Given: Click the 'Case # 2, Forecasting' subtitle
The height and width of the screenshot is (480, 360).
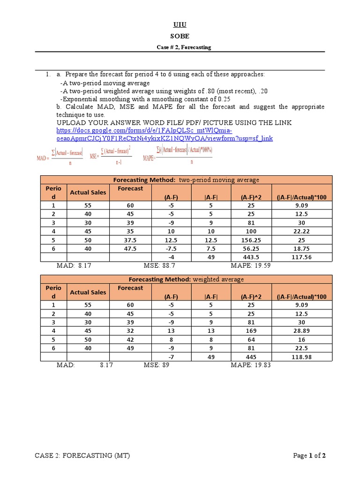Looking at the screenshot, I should tap(183, 47).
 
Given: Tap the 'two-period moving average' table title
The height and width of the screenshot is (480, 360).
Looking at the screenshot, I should tap(186, 180).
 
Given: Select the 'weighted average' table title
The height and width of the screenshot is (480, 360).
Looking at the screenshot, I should tap(186, 279).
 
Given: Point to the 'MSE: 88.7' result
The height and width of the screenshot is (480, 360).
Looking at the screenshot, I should tap(159, 265).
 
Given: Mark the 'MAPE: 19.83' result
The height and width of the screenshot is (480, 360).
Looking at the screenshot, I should tap(251, 365).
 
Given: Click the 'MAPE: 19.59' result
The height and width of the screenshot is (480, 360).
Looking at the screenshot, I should tap(251, 265).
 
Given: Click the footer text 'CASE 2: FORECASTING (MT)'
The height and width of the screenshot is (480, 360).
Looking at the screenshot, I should tap(83, 456).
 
